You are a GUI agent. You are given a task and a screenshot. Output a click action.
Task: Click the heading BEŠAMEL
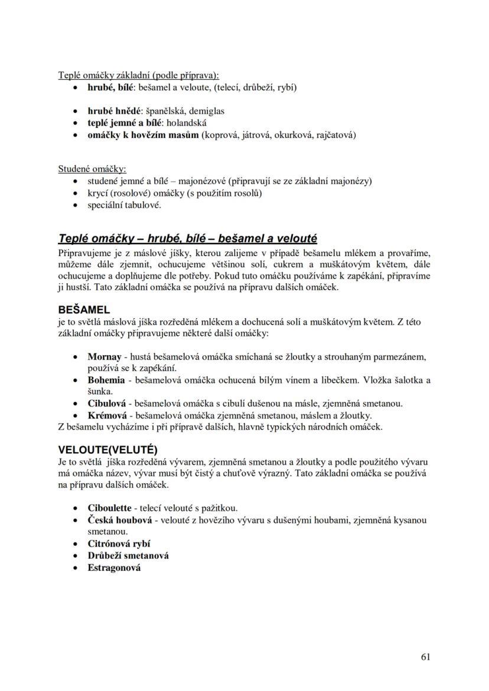(x=84, y=310)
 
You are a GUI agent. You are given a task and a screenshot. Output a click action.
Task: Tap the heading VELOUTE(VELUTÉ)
(x=108, y=449)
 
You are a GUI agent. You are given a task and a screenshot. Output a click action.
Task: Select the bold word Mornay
(x=105, y=357)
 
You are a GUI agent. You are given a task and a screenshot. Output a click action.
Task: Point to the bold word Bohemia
(x=106, y=380)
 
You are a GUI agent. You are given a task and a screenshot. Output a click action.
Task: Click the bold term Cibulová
(x=107, y=404)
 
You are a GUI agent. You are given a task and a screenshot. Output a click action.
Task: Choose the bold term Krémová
(x=106, y=415)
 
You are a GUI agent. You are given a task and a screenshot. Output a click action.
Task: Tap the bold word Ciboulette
(x=110, y=508)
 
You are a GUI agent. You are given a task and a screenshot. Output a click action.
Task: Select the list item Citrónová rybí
(x=119, y=544)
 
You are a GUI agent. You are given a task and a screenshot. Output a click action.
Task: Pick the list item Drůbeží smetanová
(x=128, y=556)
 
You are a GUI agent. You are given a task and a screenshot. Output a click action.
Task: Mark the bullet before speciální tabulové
(x=74, y=205)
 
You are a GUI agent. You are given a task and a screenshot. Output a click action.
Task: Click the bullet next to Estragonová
(x=74, y=568)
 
